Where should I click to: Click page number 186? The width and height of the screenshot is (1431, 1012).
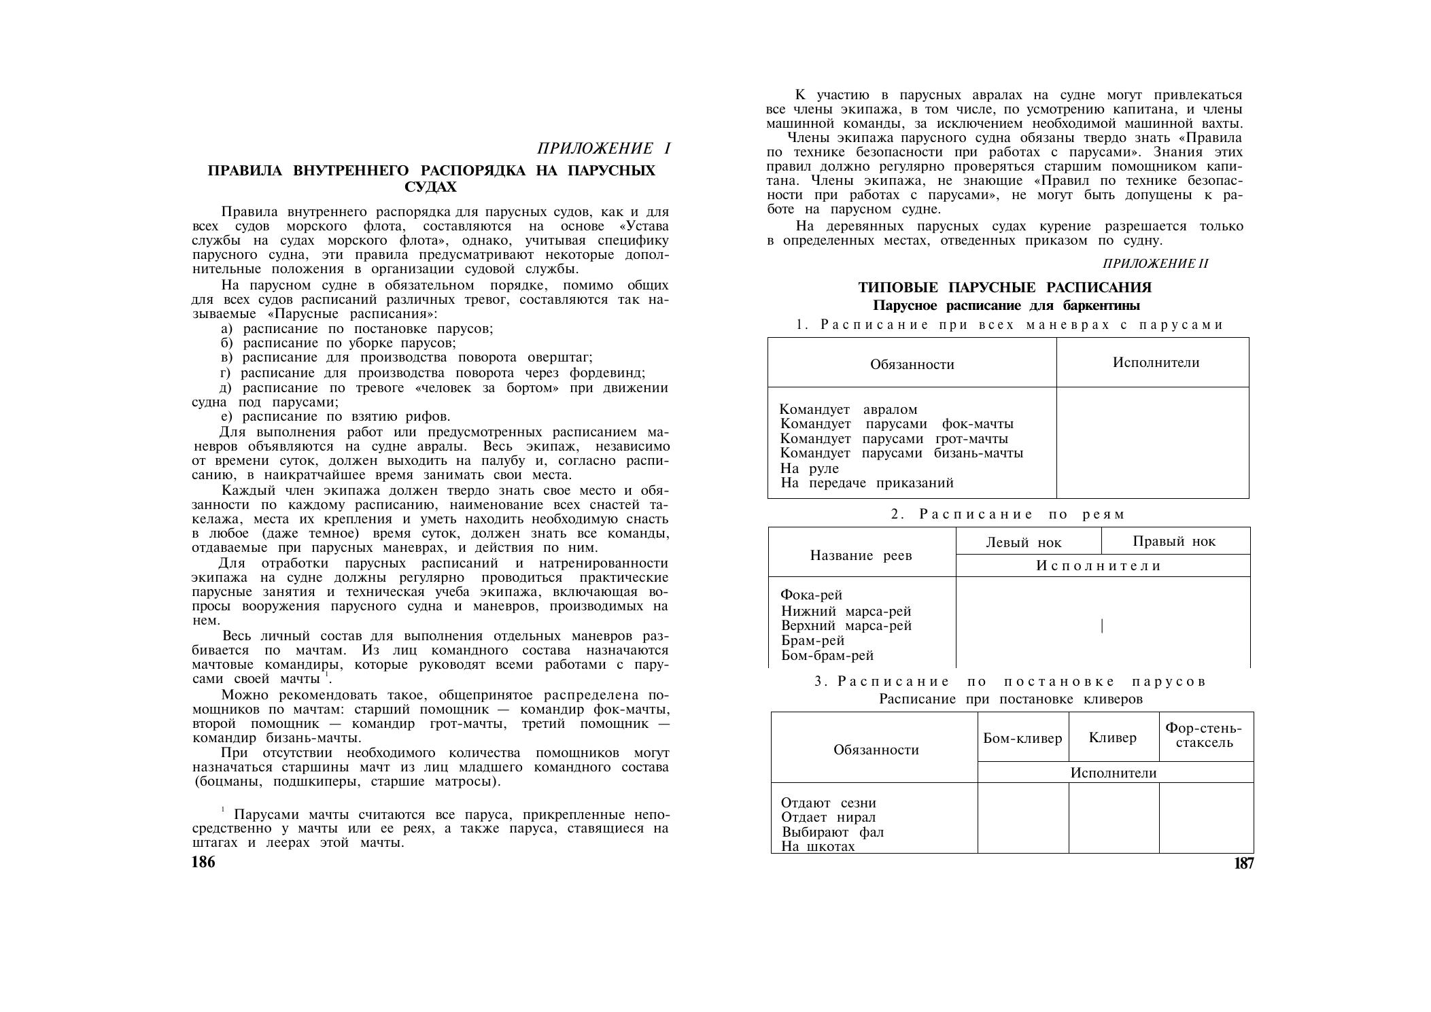point(203,862)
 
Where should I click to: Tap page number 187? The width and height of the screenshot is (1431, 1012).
point(1243,863)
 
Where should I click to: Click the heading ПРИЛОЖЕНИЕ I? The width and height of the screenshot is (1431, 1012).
point(604,148)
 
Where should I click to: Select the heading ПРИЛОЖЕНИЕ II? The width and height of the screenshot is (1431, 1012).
point(1155,264)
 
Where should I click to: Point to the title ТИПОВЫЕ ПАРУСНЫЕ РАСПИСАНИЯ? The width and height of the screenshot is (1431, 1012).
point(1005,287)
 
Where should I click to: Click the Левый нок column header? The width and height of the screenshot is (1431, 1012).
point(1023,542)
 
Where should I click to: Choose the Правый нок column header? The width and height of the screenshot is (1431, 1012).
point(1174,541)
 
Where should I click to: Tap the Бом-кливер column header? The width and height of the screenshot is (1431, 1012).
point(1022,738)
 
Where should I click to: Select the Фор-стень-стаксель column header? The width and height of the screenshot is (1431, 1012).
point(1204,735)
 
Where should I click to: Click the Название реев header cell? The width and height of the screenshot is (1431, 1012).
point(861,555)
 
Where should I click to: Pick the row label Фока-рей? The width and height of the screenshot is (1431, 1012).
point(812,595)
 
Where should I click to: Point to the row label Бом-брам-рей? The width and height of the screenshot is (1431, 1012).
point(827,656)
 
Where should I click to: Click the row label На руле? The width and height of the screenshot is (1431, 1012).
point(810,468)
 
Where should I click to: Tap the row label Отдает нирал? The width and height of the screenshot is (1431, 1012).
point(829,818)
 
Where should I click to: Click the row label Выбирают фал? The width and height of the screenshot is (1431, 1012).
point(833,833)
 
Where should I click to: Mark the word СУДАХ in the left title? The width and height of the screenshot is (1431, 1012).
point(431,186)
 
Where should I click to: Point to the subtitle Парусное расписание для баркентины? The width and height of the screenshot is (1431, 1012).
point(1006,306)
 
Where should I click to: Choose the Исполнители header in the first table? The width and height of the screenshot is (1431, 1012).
point(1156,362)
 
